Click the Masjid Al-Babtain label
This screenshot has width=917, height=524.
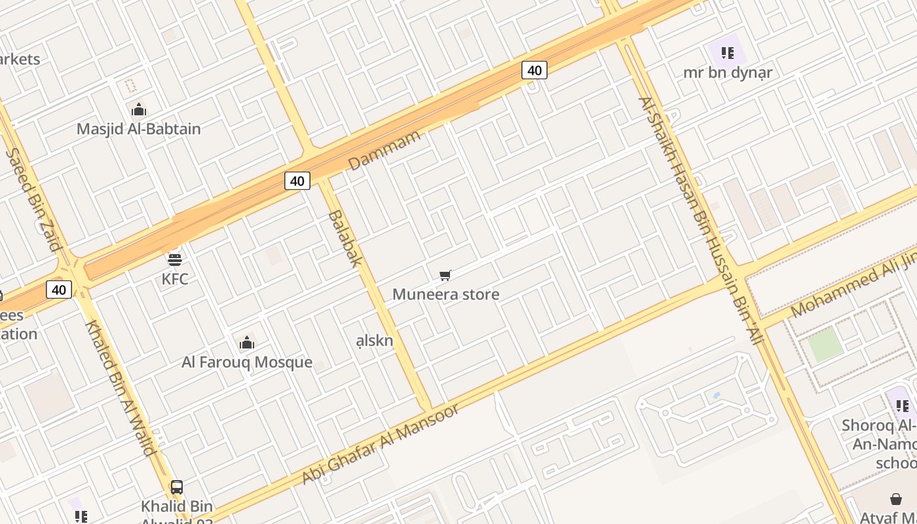tap(138, 129)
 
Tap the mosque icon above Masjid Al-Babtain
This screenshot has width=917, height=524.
tap(138, 109)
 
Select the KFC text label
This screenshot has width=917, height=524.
tap(175, 279)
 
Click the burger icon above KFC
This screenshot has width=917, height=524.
tap(174, 259)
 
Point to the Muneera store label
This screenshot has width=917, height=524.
tap(445, 294)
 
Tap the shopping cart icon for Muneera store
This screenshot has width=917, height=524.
tap(445, 275)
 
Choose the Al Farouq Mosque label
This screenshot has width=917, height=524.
tap(247, 362)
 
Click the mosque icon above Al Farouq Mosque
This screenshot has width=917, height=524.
tap(247, 343)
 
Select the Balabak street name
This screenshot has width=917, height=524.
tap(345, 238)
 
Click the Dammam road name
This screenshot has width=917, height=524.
tap(384, 151)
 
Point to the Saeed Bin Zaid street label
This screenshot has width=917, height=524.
tap(33, 200)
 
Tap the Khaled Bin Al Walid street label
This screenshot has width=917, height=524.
tap(121, 388)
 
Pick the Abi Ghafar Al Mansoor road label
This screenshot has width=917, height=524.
tap(381, 445)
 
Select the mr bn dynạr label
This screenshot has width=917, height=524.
tap(728, 72)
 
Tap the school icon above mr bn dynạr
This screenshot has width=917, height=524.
tap(727, 52)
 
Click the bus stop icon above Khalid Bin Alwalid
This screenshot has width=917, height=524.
tap(177, 487)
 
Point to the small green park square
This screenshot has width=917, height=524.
tap(825, 345)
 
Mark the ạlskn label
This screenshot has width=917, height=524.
tap(375, 341)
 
